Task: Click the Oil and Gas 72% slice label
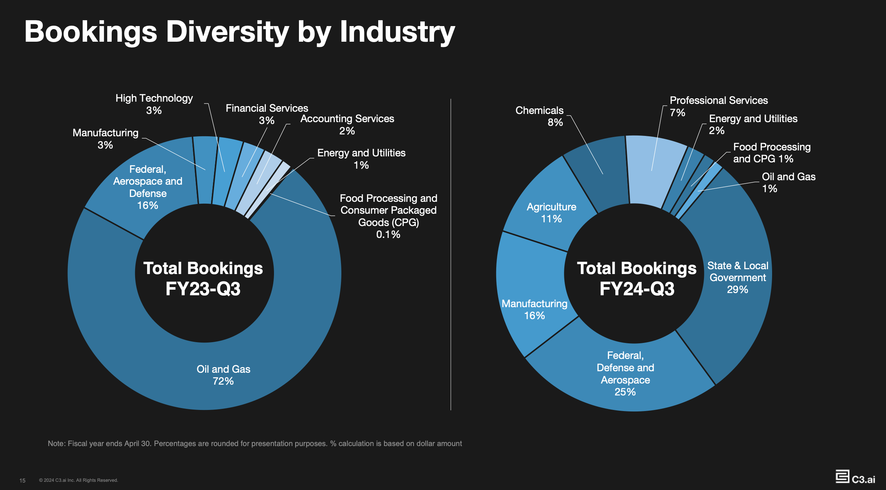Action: (223, 375)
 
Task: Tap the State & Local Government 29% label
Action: (737, 277)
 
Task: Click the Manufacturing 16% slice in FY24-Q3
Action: (534, 309)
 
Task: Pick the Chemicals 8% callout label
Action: (539, 116)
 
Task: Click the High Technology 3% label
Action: (154, 104)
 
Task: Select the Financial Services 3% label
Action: (267, 114)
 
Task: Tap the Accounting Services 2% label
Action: (347, 124)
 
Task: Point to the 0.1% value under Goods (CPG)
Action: (388, 234)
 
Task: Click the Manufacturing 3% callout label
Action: (105, 139)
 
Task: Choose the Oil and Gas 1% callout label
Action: (788, 182)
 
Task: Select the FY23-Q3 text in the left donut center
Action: (203, 289)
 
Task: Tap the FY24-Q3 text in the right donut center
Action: (637, 289)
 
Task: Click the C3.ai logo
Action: (855, 477)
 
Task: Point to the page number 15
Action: (22, 480)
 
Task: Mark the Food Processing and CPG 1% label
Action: (771, 153)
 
